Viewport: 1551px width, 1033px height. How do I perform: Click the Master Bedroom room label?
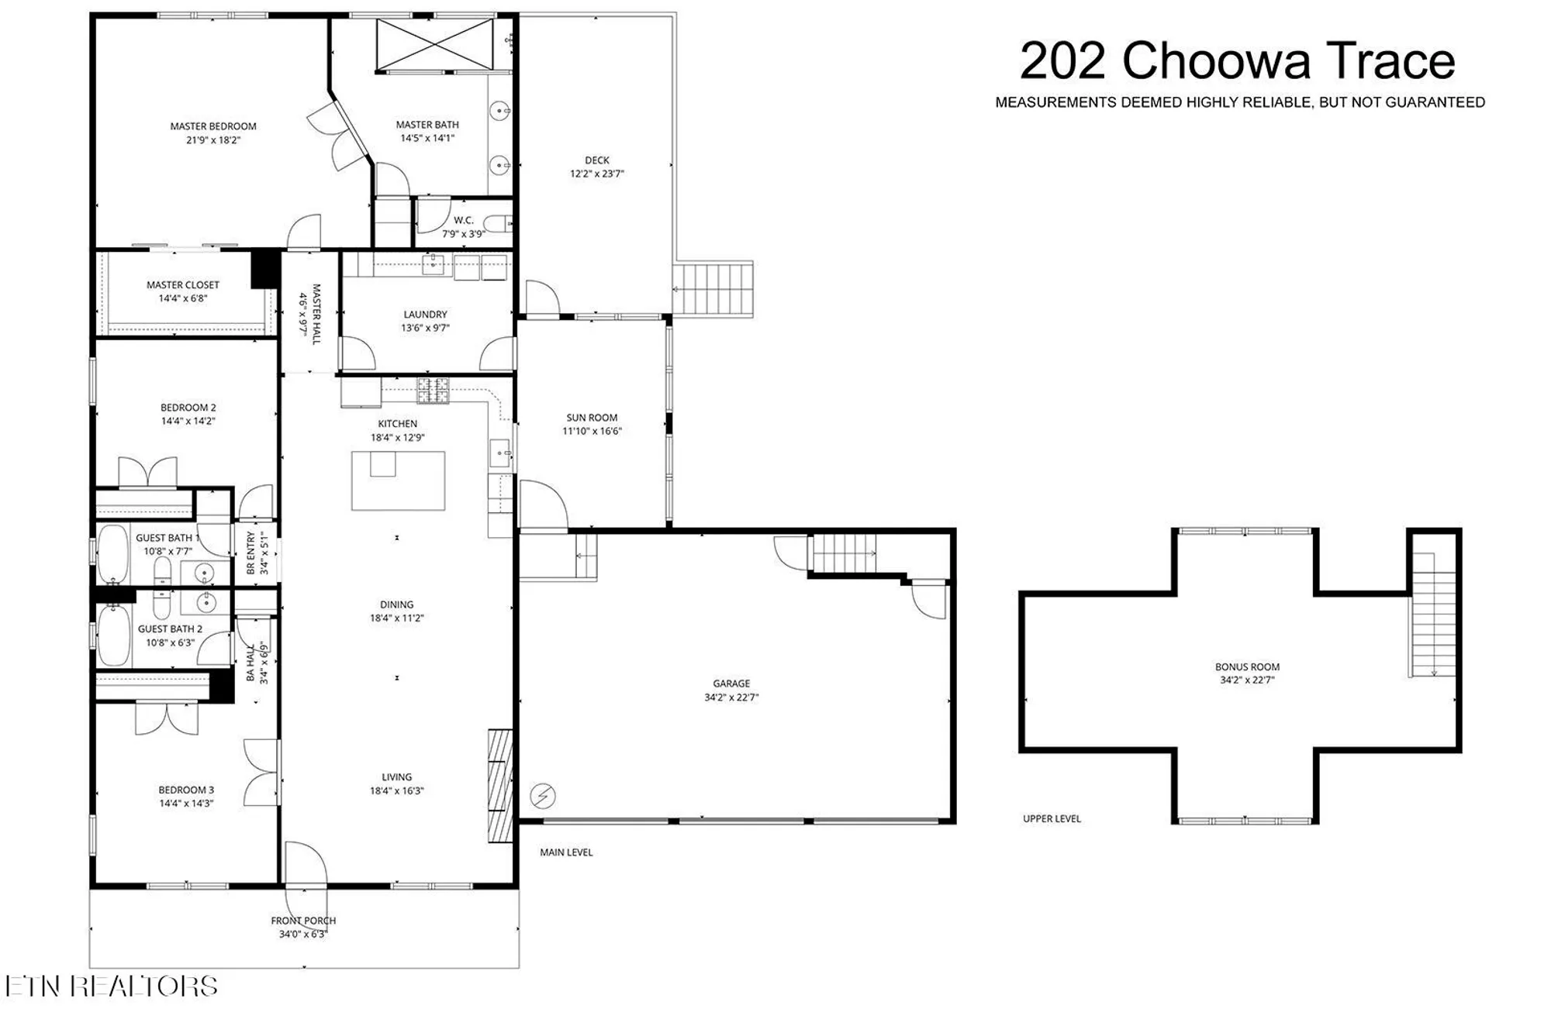(x=213, y=126)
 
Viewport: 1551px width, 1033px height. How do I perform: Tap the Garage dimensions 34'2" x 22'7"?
(x=731, y=697)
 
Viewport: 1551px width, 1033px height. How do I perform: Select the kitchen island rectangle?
(x=398, y=480)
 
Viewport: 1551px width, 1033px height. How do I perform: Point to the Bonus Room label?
(x=1247, y=666)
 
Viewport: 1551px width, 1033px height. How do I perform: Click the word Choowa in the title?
(x=1216, y=61)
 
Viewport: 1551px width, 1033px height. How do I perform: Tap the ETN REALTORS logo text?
(x=112, y=986)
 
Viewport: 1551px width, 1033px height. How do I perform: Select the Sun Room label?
(x=592, y=418)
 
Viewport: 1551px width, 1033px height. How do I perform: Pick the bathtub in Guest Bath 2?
(x=114, y=635)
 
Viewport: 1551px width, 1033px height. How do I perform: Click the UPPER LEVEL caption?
(x=1052, y=818)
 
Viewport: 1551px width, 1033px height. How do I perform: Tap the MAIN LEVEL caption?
(x=566, y=852)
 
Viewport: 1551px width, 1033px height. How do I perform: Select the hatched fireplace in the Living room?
(x=500, y=785)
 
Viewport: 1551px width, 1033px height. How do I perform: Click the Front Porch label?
(x=303, y=921)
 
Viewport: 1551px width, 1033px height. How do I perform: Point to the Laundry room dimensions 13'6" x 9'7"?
(x=425, y=328)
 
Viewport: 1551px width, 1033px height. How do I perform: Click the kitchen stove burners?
(x=434, y=391)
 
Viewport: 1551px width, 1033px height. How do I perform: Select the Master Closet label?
(x=183, y=285)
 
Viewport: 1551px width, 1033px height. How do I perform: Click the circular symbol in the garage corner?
(x=543, y=796)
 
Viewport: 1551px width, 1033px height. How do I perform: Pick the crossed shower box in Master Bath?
(x=434, y=45)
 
